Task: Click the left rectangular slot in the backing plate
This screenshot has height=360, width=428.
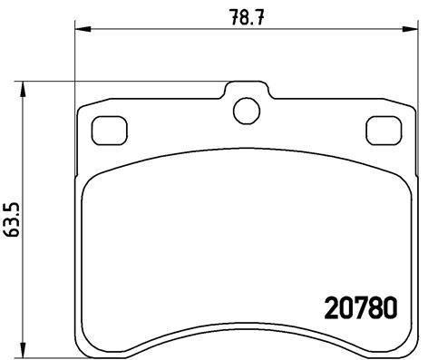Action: click(x=110, y=131)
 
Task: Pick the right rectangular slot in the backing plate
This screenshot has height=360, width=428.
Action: click(x=382, y=131)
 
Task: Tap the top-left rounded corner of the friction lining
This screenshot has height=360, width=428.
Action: click(x=93, y=173)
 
